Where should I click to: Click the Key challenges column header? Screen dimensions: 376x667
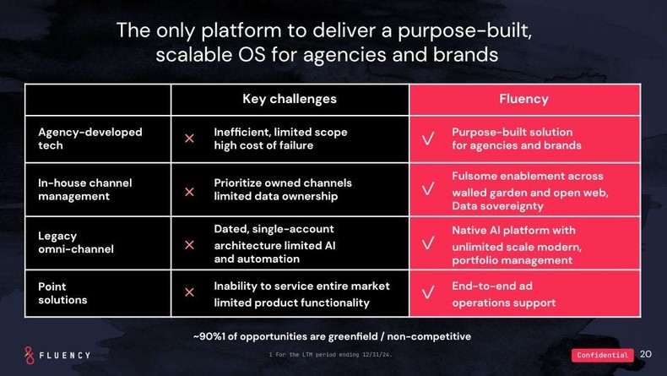290,99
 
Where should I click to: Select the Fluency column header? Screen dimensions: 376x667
523,99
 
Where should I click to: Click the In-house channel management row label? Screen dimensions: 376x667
85,189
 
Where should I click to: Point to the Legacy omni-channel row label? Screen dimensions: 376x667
76,242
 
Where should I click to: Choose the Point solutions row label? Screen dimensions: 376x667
62,293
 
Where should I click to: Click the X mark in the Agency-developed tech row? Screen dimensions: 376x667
189,139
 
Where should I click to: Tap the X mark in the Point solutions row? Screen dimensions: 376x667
189,292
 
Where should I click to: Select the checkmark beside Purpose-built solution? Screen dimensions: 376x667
428,139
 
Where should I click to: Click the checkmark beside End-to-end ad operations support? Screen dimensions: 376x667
428,293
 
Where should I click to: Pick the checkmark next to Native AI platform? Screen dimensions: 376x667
428,244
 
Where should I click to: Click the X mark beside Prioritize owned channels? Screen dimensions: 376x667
189,192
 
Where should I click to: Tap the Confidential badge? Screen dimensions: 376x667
602,355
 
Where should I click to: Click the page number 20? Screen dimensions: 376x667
646,354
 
